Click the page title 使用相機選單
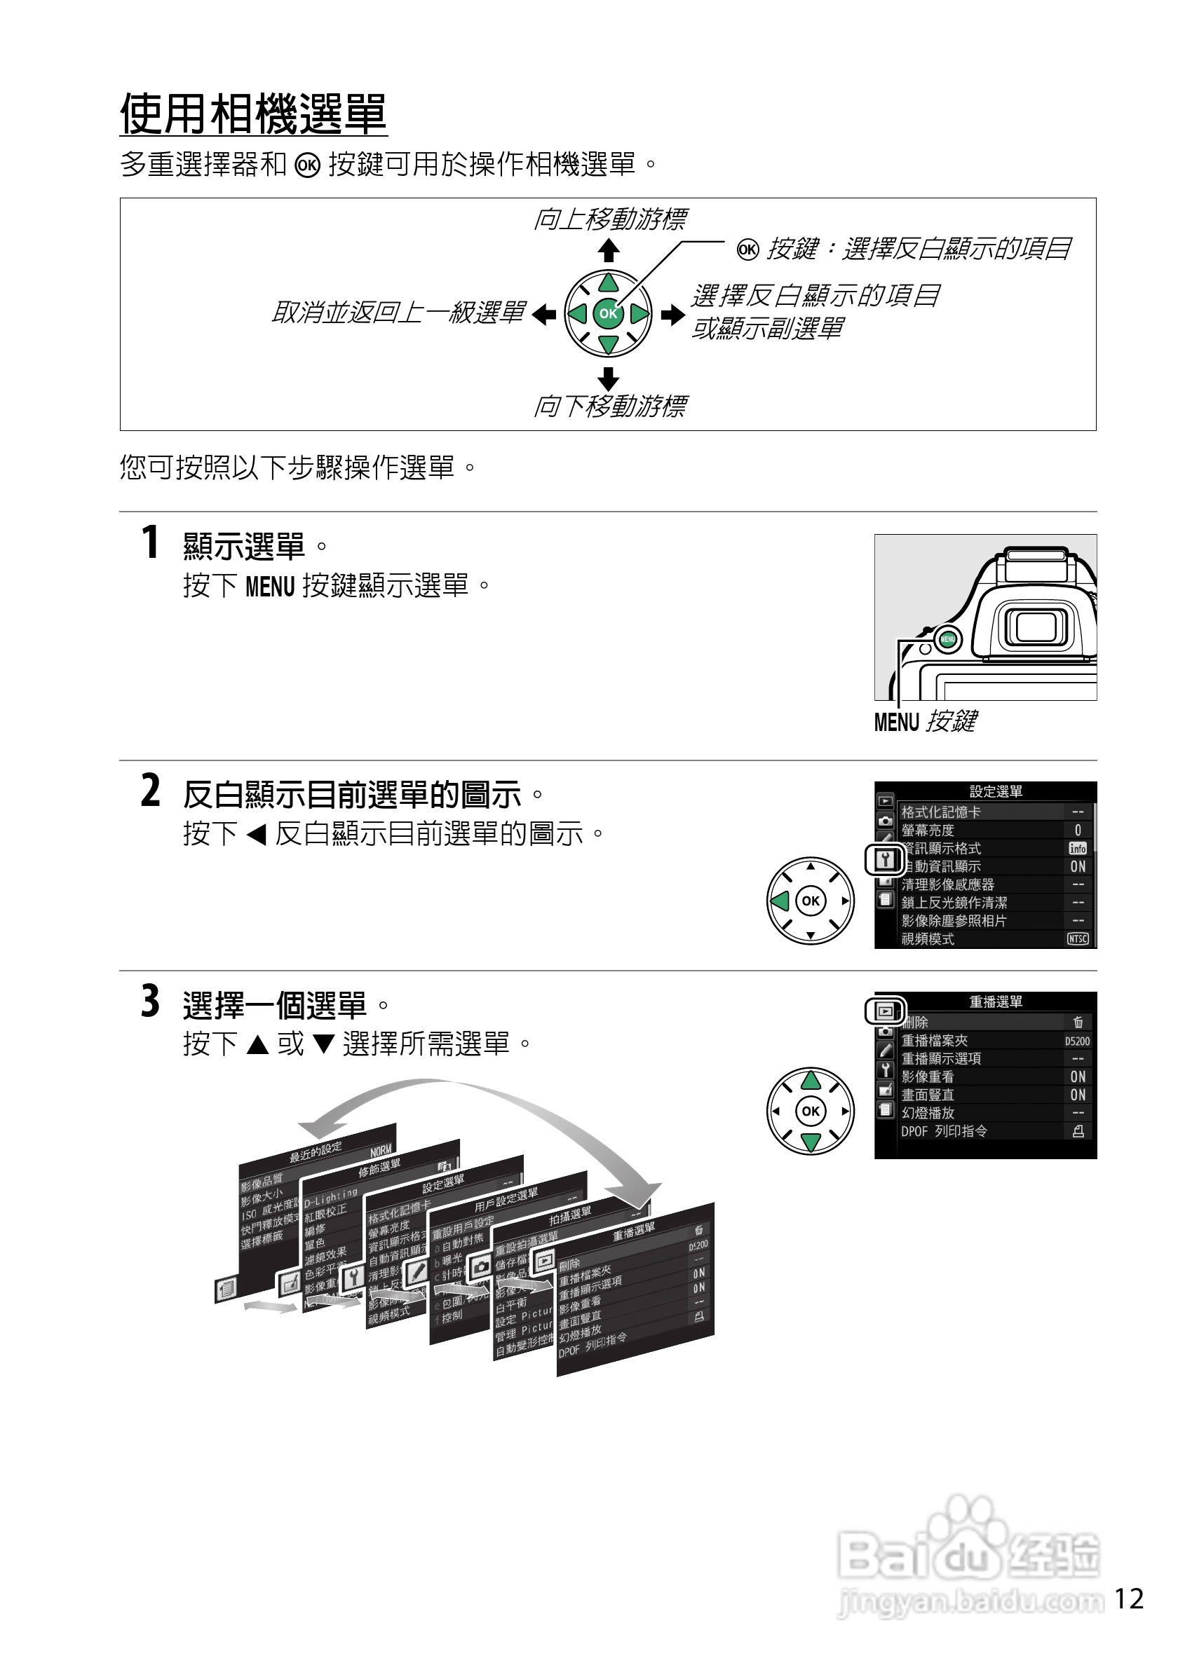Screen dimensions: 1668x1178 253,114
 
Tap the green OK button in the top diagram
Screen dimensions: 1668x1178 607,314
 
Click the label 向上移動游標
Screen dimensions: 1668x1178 609,219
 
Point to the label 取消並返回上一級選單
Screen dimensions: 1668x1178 398,313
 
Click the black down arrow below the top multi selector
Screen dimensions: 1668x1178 608,378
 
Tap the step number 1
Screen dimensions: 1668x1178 149,542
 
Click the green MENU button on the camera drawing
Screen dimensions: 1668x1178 947,639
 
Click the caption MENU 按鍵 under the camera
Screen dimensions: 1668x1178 924,721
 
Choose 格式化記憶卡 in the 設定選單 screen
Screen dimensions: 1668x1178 941,812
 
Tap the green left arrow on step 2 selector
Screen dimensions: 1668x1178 780,901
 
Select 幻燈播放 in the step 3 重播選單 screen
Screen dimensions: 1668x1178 928,1113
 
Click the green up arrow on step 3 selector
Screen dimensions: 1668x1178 811,1081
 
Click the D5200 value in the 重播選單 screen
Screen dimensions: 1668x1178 1077,1041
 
